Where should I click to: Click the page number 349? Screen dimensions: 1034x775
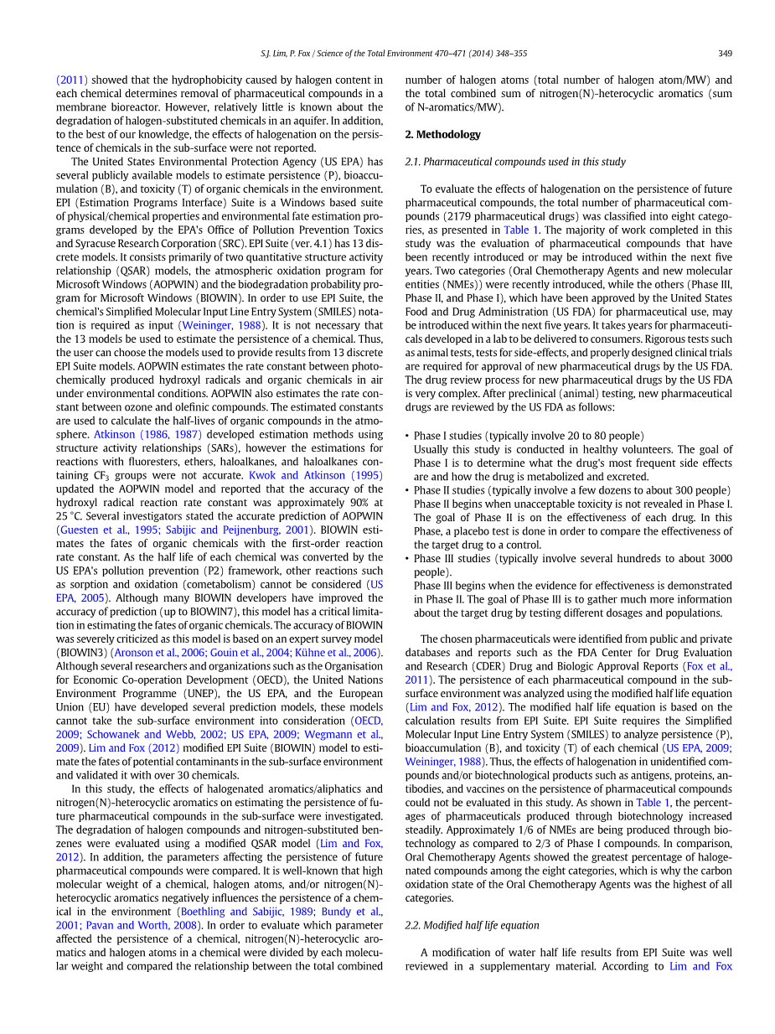point(725,54)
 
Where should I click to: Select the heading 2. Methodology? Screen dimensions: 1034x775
point(442,134)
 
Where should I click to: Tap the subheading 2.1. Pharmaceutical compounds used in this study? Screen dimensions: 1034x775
point(515,162)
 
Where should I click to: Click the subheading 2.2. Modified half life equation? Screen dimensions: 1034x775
point(472,925)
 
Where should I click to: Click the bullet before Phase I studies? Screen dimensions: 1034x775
point(407,436)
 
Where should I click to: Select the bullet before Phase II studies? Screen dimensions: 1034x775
point(407,490)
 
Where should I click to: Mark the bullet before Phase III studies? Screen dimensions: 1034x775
point(407,559)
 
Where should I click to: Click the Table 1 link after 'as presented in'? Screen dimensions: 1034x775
point(522,230)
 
